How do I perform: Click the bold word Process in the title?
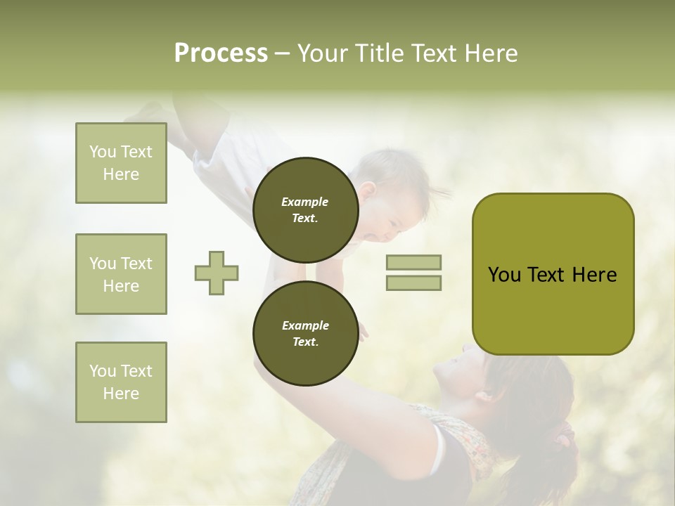click(221, 53)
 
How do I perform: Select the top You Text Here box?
click(121, 163)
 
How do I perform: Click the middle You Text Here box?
click(121, 274)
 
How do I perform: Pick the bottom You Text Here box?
click(121, 382)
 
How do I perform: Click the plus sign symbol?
click(217, 273)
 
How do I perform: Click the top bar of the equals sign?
click(413, 262)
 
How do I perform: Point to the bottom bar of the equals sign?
click(413, 283)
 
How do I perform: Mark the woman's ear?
click(485, 395)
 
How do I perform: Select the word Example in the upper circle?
click(305, 202)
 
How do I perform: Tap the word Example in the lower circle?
click(305, 325)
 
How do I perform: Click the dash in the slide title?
click(282, 53)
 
